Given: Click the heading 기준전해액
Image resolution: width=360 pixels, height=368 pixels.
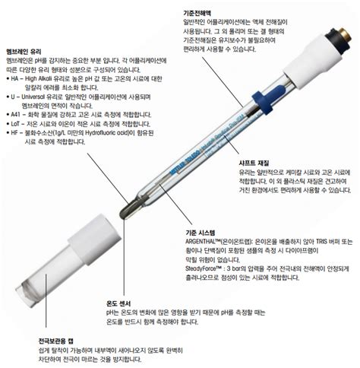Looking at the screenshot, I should pos(198,5).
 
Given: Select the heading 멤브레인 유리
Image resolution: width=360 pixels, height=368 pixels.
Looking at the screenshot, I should pos(24,50).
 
